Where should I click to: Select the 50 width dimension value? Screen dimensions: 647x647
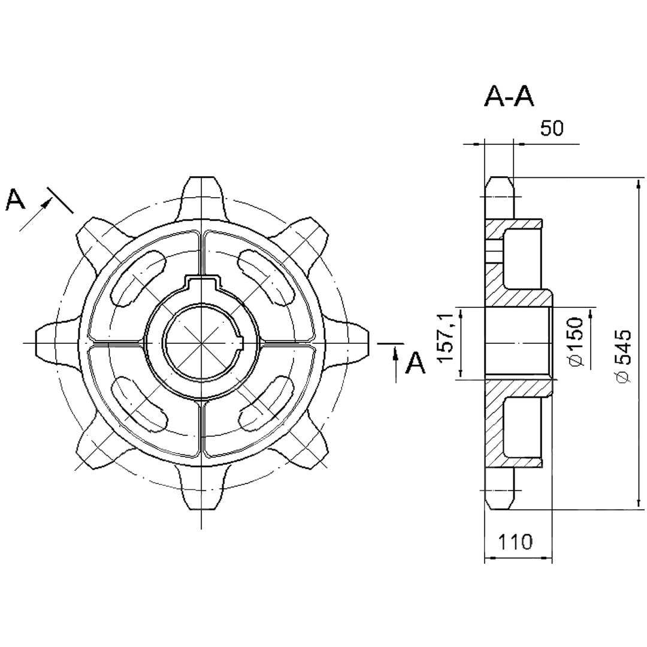[552, 129]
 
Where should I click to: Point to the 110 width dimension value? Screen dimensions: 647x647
[515, 542]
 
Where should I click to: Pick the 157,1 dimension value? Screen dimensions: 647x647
[446, 337]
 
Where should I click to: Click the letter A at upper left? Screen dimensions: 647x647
[15, 199]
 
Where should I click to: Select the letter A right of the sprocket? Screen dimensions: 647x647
[416, 362]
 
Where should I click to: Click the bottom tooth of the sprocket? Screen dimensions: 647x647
[201, 489]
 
